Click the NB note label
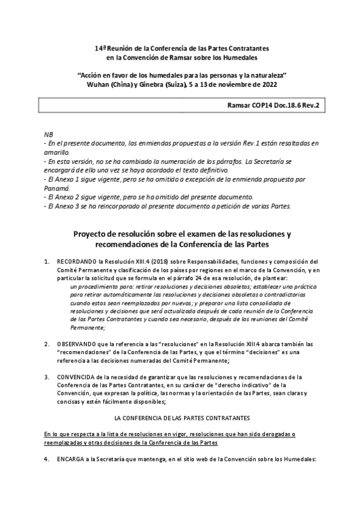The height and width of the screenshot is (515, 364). [x=49, y=134]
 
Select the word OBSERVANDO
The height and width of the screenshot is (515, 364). [x=78, y=344]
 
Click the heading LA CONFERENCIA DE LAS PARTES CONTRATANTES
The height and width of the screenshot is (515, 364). [x=182, y=418]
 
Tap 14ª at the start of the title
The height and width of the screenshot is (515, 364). [x=101, y=47]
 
